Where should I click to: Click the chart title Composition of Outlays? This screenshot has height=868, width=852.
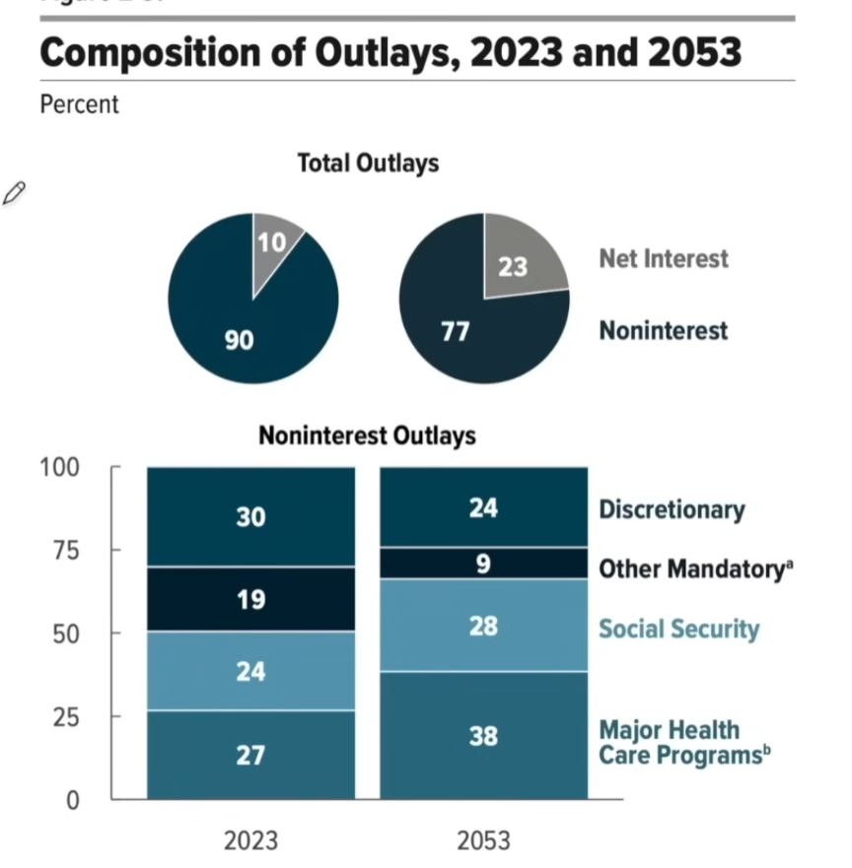[x=390, y=51]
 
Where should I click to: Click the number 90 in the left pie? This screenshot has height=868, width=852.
[x=239, y=341]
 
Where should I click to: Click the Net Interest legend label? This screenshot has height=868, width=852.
[x=663, y=259]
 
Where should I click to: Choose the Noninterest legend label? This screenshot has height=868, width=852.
[x=663, y=329]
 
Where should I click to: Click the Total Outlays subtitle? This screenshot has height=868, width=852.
[x=368, y=164]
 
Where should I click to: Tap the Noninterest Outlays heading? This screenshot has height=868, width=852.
[x=367, y=435]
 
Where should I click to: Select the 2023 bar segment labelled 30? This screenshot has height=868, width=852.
[x=250, y=516]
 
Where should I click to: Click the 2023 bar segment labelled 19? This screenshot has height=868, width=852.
[x=250, y=598]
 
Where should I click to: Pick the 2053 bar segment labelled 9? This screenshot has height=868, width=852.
[x=483, y=564]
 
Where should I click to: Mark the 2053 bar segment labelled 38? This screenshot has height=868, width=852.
[x=483, y=735]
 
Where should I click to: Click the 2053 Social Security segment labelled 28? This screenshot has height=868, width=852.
[x=483, y=627]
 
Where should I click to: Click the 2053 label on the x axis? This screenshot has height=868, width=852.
[x=483, y=840]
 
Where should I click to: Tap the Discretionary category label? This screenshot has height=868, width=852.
[x=672, y=510]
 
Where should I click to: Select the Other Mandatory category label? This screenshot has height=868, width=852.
[x=695, y=568]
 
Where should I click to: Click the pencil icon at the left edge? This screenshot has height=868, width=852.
[x=14, y=194]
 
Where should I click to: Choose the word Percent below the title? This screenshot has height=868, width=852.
[x=79, y=104]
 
